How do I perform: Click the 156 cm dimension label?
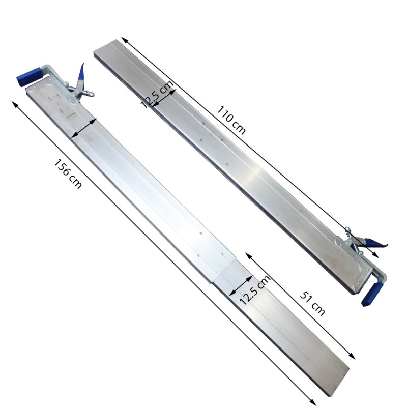[x=68, y=174]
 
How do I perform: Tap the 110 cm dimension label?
[x=231, y=120]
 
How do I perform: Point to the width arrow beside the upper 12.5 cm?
[x=164, y=97]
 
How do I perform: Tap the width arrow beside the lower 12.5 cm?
[x=241, y=285]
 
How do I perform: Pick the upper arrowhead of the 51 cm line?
[x=247, y=253]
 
